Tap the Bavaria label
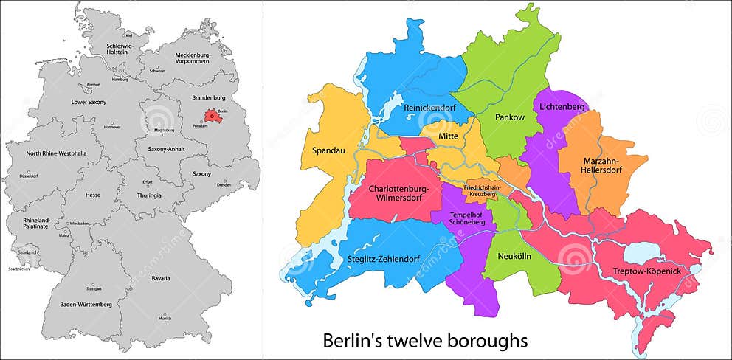[162, 278]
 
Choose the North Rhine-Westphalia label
[56, 153]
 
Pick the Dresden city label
[224, 184]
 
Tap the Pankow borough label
[510, 117]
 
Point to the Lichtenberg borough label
[562, 107]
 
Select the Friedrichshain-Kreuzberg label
[482, 190]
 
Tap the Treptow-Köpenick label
[646, 271]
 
